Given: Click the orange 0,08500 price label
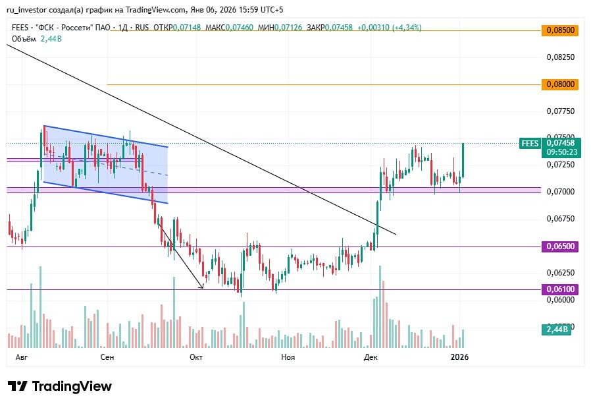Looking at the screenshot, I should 559,30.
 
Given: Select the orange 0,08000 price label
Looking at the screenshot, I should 559,84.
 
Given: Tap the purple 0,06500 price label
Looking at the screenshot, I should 559,246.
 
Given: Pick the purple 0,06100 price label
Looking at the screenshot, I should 559,289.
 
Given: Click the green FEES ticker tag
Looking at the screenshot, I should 529,143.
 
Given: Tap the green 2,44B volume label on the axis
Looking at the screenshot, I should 556,329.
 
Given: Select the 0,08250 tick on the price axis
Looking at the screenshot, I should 561,57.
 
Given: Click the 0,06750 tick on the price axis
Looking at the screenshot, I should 561,219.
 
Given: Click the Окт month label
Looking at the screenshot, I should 195,357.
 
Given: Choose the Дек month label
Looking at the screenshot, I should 371,357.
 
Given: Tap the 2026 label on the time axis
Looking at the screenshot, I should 459,357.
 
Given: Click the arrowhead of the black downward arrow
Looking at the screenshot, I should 202,287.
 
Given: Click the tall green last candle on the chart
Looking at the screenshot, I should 463,160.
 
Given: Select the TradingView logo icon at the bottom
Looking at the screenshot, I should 18,386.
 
